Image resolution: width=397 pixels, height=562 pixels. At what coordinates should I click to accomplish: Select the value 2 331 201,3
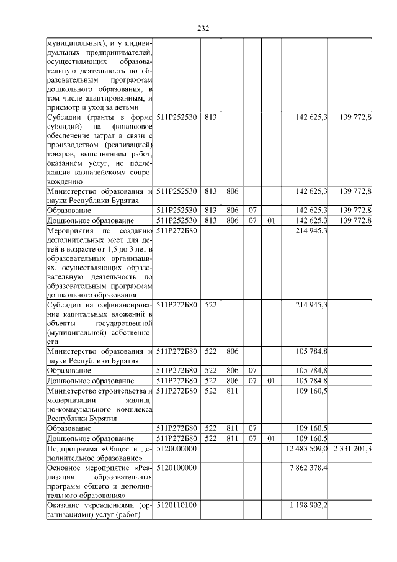352,448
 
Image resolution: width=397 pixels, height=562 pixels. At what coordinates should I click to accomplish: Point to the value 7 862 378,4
308,468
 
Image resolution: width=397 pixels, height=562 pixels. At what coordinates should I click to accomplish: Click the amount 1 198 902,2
308,506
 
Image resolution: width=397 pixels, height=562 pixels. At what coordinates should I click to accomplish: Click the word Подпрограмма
73,448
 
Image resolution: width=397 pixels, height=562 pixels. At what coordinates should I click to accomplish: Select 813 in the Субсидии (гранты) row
210,117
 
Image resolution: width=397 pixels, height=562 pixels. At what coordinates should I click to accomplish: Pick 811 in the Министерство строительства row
233,391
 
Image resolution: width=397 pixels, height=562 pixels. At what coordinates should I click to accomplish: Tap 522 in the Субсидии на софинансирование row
210,304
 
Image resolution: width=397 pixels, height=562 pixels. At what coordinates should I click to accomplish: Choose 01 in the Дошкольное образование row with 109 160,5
270,438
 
